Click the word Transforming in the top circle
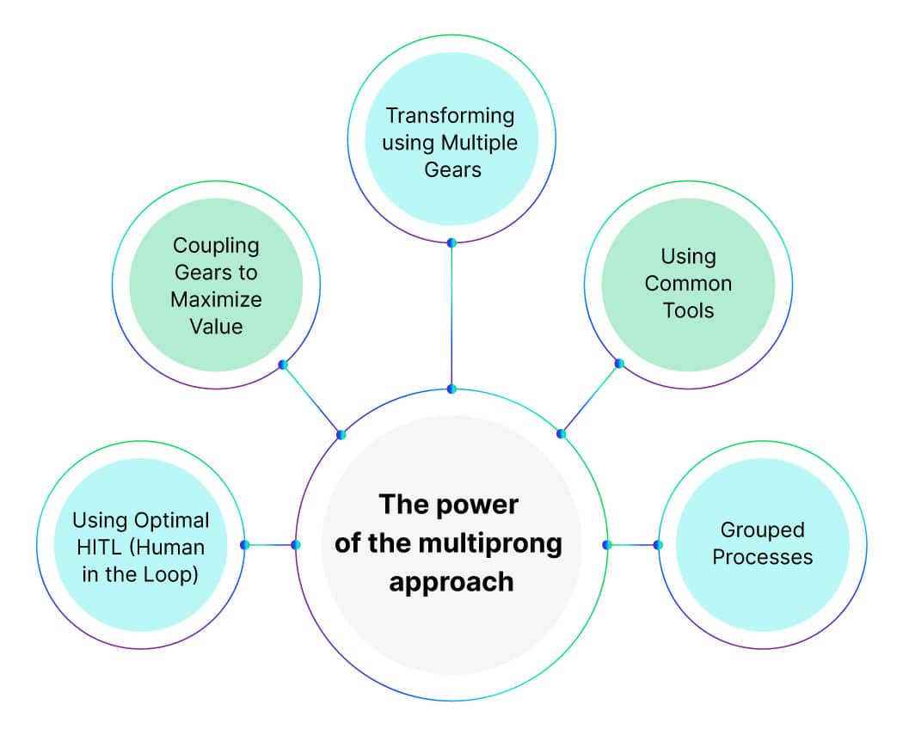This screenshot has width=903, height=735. click(x=450, y=114)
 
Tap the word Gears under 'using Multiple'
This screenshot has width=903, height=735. click(x=452, y=168)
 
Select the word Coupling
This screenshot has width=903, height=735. click(x=216, y=245)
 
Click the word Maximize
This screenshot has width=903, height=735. click(x=216, y=299)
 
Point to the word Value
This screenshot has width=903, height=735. click(x=217, y=326)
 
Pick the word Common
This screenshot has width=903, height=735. click(x=688, y=282)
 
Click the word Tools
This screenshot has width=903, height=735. click(x=688, y=309)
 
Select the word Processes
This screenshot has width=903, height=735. click(x=762, y=556)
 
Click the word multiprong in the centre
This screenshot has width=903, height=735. click(x=499, y=543)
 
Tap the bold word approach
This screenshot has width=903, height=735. click(x=451, y=581)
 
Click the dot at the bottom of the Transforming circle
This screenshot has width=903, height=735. click(x=451, y=242)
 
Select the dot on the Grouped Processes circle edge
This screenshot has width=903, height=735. click(x=658, y=544)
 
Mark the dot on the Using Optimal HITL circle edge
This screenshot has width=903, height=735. click(x=245, y=544)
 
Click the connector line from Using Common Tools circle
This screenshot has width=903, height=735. click(x=590, y=399)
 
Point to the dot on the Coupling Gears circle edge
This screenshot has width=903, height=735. click(x=282, y=364)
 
